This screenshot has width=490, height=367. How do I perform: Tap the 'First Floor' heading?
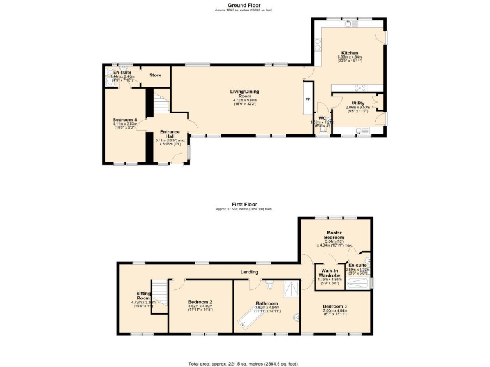[x=244, y=205]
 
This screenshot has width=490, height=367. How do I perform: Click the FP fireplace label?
[x=308, y=100]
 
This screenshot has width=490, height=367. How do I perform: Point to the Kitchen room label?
[x=350, y=53]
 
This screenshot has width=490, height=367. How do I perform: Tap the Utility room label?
[x=358, y=103]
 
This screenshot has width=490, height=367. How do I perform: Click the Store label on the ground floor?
[x=155, y=75]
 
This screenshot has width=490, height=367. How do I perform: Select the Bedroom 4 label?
[x=126, y=119]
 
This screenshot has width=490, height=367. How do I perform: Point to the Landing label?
[x=249, y=272]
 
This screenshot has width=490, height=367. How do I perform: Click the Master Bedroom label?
[x=336, y=235]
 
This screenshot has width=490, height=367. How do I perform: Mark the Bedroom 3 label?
[x=335, y=306]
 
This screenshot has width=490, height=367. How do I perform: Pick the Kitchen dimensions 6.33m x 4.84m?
[x=350, y=57]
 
